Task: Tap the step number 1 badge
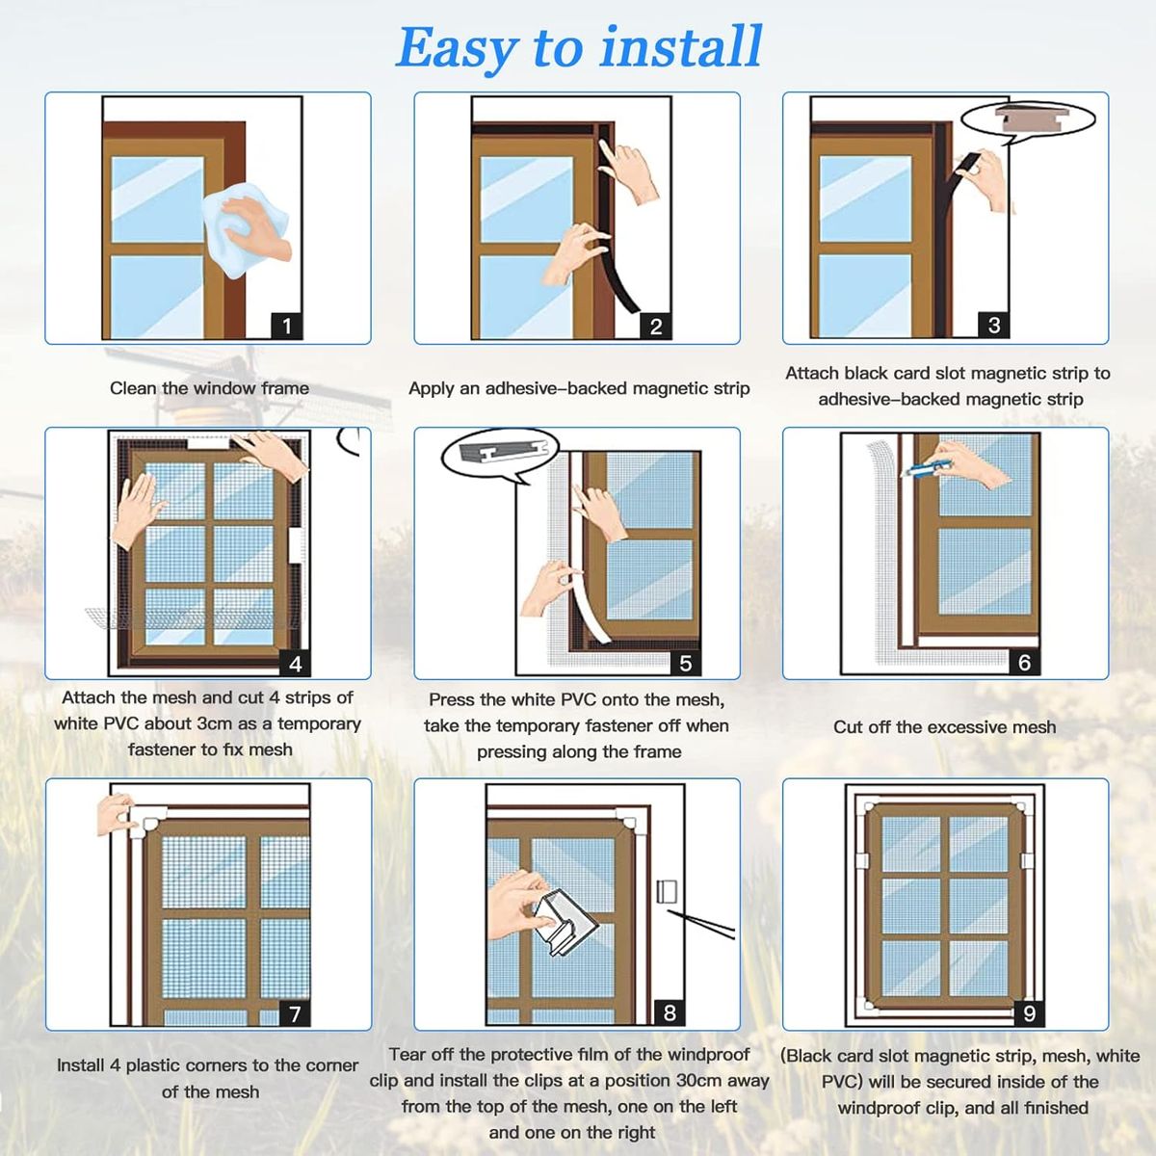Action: click(287, 326)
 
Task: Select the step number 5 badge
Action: click(686, 663)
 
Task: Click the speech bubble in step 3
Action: click(1028, 121)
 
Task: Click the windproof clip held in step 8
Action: click(565, 921)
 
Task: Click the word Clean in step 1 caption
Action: click(133, 388)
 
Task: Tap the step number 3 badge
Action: click(994, 326)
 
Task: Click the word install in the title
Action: click(681, 47)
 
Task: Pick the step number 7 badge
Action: click(295, 1013)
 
